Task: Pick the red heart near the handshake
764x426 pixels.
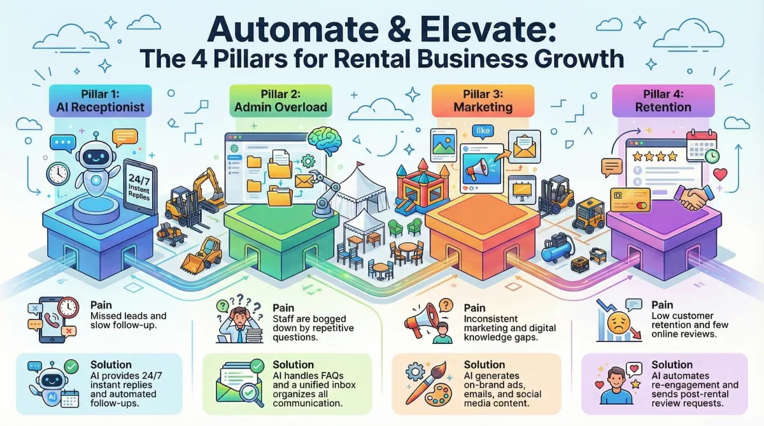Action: click(721, 174)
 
